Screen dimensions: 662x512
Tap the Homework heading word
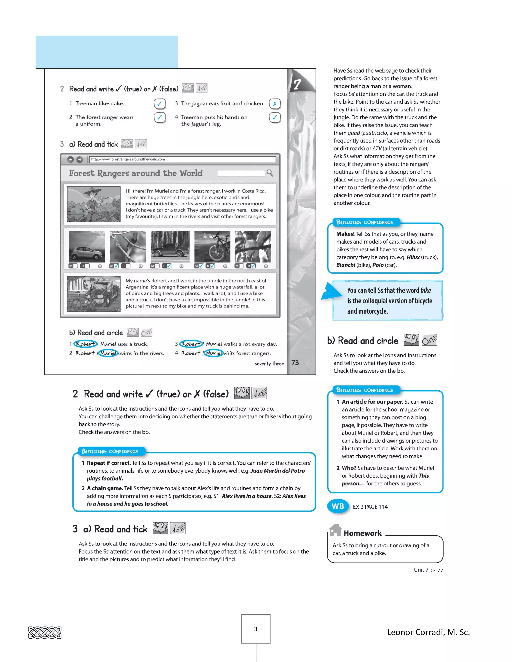click(362, 533)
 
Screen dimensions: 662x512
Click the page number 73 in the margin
click(295, 362)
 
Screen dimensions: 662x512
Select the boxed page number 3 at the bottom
click(256, 629)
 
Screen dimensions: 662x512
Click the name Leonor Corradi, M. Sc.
click(428, 632)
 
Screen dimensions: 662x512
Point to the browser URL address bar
click(182, 159)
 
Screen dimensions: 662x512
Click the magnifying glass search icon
click(270, 173)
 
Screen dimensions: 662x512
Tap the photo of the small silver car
click(87, 246)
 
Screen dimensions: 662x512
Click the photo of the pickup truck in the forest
click(170, 246)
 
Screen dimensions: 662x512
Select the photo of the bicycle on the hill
click(212, 246)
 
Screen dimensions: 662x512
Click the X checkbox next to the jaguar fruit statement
click(275, 104)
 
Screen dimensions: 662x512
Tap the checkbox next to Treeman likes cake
click(159, 104)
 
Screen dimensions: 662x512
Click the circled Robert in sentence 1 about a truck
click(86, 344)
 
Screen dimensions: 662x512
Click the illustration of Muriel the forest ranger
click(94, 204)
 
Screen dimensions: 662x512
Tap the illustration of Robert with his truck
click(94, 294)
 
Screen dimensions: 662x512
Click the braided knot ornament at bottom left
click(45, 632)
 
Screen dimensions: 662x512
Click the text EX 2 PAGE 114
click(370, 507)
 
